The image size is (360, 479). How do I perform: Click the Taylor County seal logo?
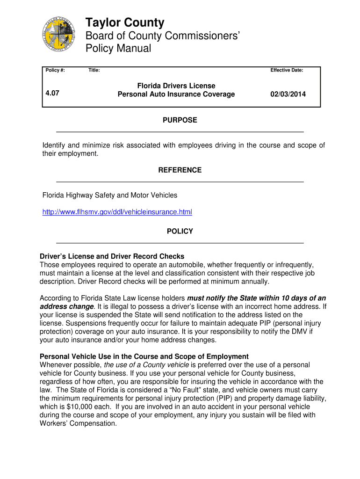coord(58,35)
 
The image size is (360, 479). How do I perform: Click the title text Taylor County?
coord(125,22)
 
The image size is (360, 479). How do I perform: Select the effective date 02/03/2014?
coord(288,94)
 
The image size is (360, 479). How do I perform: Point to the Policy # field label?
coord(55,70)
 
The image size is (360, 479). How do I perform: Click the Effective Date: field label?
coord(287,70)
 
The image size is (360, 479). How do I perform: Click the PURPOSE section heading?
coord(180,120)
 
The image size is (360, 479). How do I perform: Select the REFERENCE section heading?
coord(180,170)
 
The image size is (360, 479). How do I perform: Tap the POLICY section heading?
coord(180,232)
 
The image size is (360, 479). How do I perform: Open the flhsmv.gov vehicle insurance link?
coord(117,212)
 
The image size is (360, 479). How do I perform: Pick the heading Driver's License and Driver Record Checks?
coord(112,256)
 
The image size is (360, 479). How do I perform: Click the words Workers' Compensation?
coord(78,423)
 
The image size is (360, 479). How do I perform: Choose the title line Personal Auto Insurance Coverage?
coord(176,94)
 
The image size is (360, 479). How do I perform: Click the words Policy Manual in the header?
coord(118,49)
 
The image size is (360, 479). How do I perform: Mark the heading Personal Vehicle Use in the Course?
coord(144,356)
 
